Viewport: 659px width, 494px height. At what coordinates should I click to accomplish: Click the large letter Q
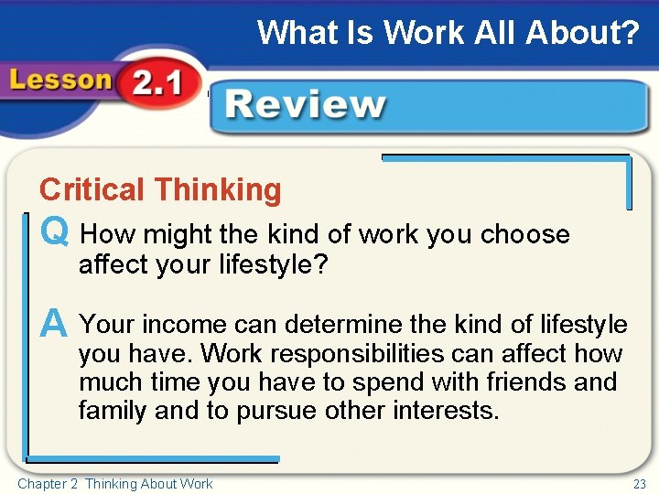[54, 233]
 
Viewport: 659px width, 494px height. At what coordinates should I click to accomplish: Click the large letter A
[54, 323]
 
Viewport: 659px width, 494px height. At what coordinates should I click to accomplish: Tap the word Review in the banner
[306, 104]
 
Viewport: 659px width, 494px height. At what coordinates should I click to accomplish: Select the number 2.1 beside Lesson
[157, 86]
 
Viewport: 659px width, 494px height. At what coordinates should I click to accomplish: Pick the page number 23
[640, 484]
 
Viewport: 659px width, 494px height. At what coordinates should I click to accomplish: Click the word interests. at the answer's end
[447, 411]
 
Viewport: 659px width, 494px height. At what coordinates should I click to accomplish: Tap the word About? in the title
[583, 33]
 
